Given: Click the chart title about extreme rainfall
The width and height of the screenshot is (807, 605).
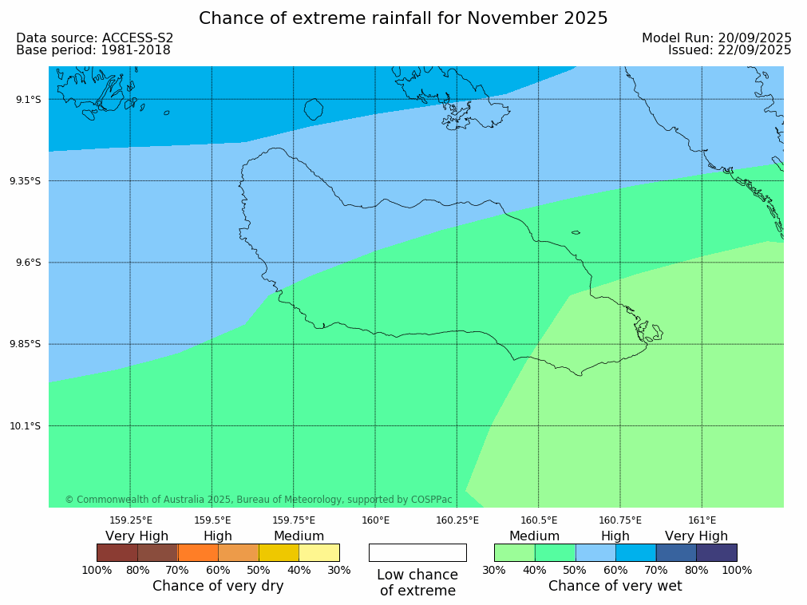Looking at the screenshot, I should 403,18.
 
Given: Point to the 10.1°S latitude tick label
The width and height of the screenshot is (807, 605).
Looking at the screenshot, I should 26,426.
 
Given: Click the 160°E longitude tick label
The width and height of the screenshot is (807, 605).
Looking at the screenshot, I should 375,520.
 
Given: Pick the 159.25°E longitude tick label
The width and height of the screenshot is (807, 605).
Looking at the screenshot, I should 131,520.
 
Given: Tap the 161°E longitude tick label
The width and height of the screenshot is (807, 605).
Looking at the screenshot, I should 702,520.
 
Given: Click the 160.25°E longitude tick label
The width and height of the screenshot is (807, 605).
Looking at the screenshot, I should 457,520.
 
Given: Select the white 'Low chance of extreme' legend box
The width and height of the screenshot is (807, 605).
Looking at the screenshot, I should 417,552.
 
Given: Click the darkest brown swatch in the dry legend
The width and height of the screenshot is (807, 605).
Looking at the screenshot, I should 117,552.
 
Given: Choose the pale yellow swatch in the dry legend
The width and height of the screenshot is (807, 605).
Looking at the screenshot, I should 318,552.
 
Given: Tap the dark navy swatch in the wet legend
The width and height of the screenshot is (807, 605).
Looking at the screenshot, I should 716,552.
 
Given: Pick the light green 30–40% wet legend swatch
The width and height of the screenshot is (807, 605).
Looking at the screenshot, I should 514,552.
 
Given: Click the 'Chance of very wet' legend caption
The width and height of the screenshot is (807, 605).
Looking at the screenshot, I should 615,586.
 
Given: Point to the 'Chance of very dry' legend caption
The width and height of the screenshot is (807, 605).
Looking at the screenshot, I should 218,586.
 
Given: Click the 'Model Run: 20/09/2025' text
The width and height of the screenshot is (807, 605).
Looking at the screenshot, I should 716,38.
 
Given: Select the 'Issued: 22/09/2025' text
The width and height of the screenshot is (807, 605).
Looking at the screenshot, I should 730,50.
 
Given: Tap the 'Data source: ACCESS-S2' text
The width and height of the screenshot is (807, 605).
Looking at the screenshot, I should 94,38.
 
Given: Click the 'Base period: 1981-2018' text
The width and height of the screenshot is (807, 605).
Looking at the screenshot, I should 93,50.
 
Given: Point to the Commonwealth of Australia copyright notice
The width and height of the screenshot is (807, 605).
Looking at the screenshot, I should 258,500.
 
